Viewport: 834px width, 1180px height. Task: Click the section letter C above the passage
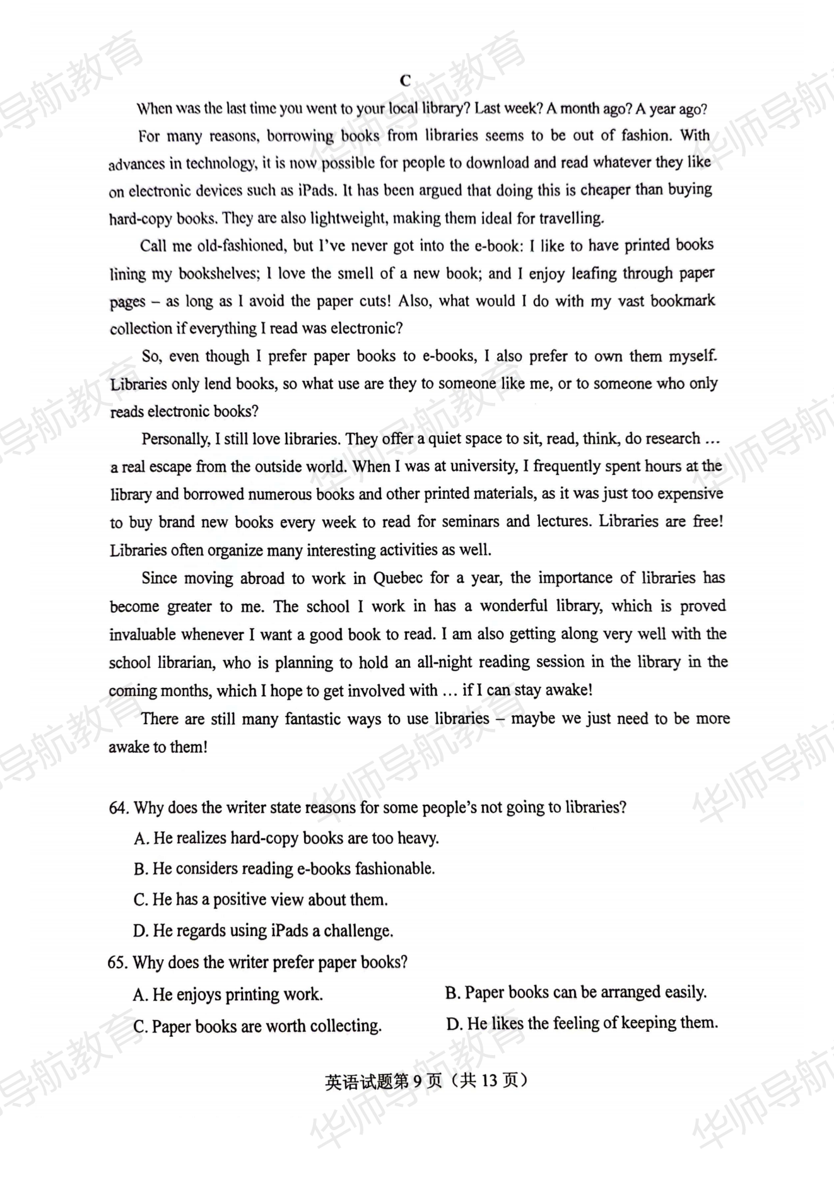(405, 81)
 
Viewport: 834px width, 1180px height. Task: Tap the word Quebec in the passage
(397, 578)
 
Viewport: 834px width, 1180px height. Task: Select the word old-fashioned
(241, 246)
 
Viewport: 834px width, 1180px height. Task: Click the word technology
(221, 163)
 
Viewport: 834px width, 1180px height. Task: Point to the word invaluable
(148, 634)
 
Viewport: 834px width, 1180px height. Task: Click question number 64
(119, 808)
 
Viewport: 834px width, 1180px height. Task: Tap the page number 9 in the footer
(418, 1080)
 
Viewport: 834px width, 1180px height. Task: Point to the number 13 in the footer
(490, 1080)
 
